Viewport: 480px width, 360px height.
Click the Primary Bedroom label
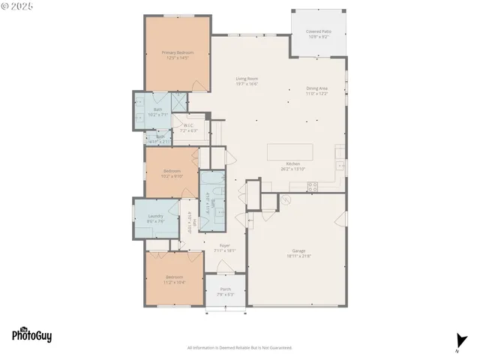pyautogui.click(x=178, y=52)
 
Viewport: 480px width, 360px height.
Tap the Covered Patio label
pyautogui.click(x=319, y=32)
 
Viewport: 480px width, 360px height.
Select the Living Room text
pyautogui.click(x=247, y=79)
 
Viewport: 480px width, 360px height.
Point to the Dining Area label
pyautogui.click(x=316, y=88)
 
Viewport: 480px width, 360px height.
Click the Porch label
pyautogui.click(x=225, y=289)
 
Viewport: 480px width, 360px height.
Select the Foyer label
pyautogui.click(x=224, y=245)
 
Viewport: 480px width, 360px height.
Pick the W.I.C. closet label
pyautogui.click(x=188, y=125)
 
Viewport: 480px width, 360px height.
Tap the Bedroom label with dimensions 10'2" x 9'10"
pyautogui.click(x=172, y=171)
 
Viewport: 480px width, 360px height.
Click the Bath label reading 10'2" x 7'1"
pyautogui.click(x=157, y=110)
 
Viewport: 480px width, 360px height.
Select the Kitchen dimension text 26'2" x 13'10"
pyautogui.click(x=292, y=169)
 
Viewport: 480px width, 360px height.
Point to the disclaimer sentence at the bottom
pyautogui.click(x=239, y=348)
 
